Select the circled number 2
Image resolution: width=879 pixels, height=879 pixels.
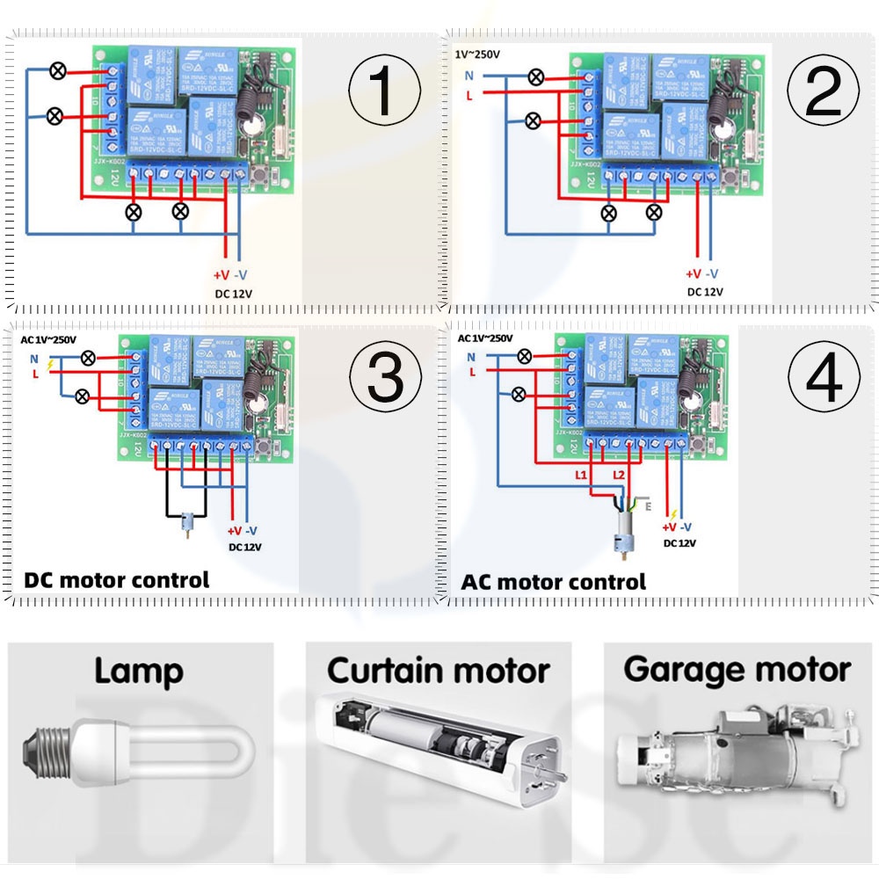tap(823, 91)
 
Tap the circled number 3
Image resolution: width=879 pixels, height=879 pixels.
tap(385, 378)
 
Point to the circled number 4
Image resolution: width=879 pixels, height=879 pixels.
tap(823, 378)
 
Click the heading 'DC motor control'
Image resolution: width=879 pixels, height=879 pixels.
tap(117, 580)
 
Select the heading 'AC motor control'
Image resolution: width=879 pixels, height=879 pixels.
tap(553, 582)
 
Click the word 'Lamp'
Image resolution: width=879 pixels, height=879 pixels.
tap(139, 672)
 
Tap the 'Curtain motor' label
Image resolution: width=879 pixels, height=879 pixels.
tap(439, 671)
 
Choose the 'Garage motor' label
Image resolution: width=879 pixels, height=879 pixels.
tap(737, 670)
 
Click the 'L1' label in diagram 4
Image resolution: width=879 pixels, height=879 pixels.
tap(582, 475)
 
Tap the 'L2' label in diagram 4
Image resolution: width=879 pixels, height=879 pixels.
tap(619, 475)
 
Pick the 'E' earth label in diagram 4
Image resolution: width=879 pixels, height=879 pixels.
tap(649, 506)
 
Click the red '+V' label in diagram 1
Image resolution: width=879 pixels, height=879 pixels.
tap(222, 273)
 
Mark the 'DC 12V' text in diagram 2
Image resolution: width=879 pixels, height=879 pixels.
tap(705, 292)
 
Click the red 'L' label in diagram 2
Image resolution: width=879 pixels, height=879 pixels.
tap(469, 95)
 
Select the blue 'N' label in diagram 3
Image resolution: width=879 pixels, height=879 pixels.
tap(34, 357)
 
